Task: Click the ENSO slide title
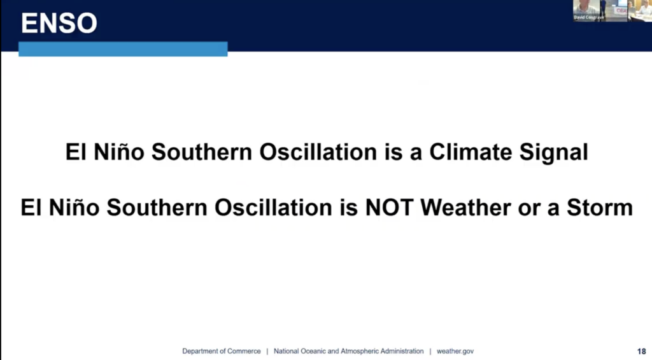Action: (x=59, y=23)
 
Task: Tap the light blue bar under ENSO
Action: (x=123, y=48)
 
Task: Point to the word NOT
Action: (x=389, y=207)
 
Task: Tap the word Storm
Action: (x=600, y=207)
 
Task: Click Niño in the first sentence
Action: (x=119, y=152)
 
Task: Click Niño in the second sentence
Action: (x=74, y=207)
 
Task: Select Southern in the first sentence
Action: (x=202, y=152)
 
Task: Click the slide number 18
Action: (x=641, y=351)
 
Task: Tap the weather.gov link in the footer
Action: (x=455, y=351)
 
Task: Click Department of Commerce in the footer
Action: (x=221, y=351)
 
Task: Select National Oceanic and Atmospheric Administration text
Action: (x=348, y=351)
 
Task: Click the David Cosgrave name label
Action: (x=588, y=17)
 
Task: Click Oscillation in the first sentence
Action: (x=318, y=152)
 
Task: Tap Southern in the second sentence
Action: (x=157, y=207)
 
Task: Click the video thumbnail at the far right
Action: (x=640, y=10)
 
